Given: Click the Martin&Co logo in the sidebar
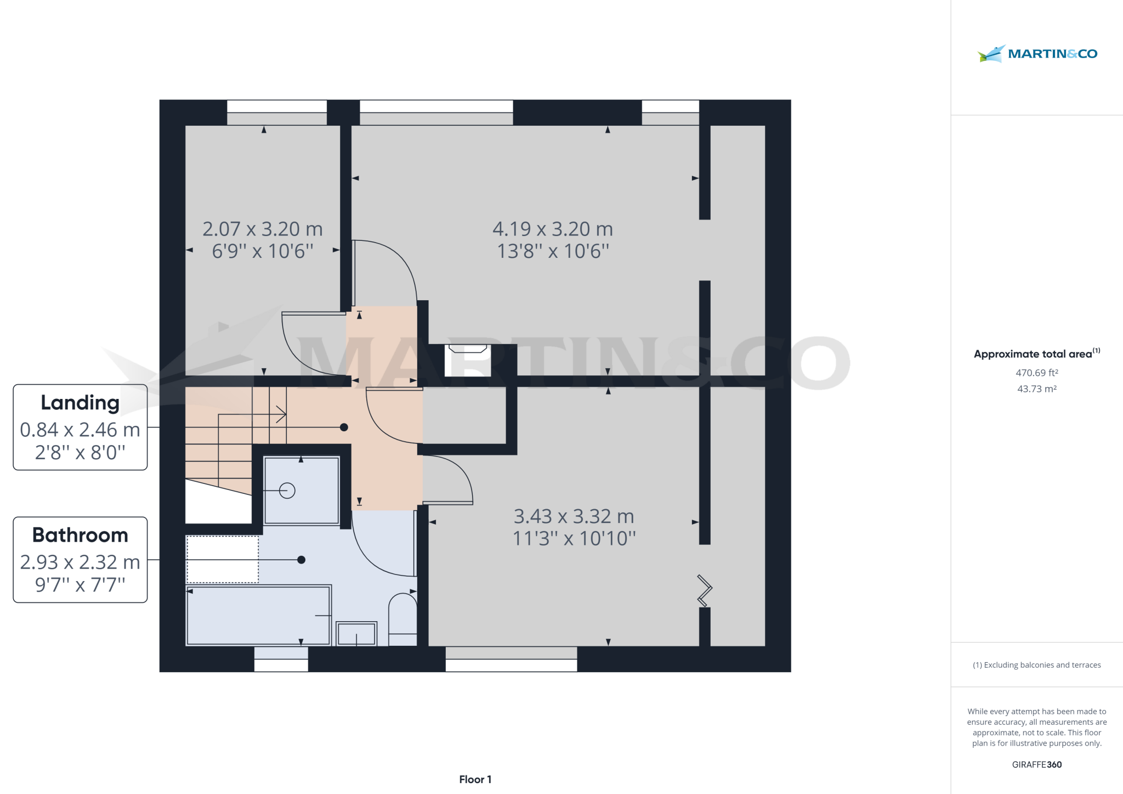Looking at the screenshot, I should pyautogui.click(x=1037, y=54).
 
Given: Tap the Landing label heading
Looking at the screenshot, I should pyautogui.click(x=80, y=403).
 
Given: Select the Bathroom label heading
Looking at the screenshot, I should pyautogui.click(x=80, y=535).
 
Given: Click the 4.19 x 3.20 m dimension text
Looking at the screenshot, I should pyautogui.click(x=553, y=229).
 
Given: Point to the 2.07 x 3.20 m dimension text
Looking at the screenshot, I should pyautogui.click(x=263, y=229).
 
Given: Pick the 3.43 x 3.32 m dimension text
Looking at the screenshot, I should pyautogui.click(x=574, y=516).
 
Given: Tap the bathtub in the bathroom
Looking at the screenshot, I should pyautogui.click(x=258, y=615).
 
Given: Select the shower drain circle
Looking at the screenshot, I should pyautogui.click(x=287, y=491).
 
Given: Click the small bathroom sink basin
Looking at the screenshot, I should pyautogui.click(x=356, y=634).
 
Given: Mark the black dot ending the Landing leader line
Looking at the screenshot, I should pyautogui.click(x=344, y=427).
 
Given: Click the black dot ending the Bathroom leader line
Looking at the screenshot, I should pyautogui.click(x=301, y=560).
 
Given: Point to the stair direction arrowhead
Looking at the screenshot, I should pyautogui.click(x=281, y=414).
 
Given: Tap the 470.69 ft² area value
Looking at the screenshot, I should pyautogui.click(x=1036, y=373).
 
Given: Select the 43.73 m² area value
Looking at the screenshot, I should pyautogui.click(x=1036, y=388).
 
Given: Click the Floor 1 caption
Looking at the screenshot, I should pyautogui.click(x=475, y=779).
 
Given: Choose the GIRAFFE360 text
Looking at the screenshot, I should pyautogui.click(x=1036, y=764).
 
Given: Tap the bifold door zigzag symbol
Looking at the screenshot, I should pyautogui.click(x=705, y=590).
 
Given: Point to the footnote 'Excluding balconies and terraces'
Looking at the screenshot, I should pyautogui.click(x=1036, y=665).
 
